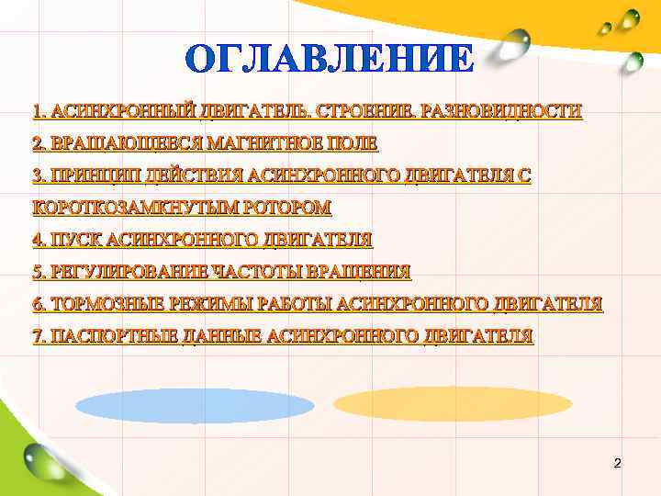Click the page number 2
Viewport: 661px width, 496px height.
[617, 463]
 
